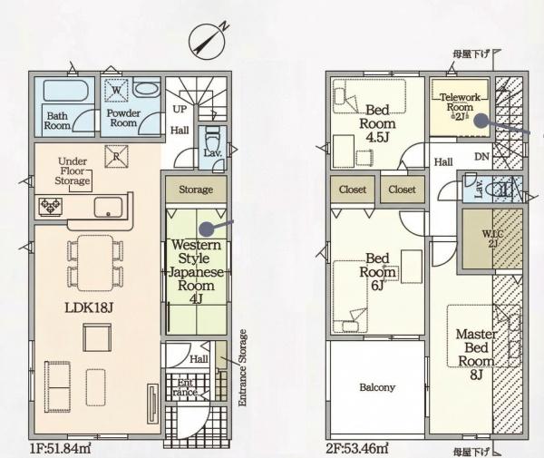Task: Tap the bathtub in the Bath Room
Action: click(x=66, y=91)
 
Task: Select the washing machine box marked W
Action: click(x=116, y=90)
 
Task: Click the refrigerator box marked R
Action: click(x=116, y=157)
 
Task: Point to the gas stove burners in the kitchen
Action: click(x=51, y=207)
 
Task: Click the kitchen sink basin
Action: click(x=108, y=208)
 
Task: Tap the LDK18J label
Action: click(x=89, y=307)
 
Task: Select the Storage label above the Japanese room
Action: click(x=196, y=190)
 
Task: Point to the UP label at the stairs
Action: click(x=180, y=110)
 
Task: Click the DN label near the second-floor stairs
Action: click(x=482, y=157)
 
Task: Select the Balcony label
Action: click(x=377, y=387)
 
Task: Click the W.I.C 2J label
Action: click(x=492, y=239)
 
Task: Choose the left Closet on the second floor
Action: click(x=353, y=190)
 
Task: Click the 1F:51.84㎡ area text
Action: click(x=61, y=449)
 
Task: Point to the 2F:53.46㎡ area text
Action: click(x=357, y=448)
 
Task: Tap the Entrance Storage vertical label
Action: click(x=243, y=368)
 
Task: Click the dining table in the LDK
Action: click(x=95, y=263)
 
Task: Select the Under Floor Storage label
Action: click(x=73, y=171)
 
